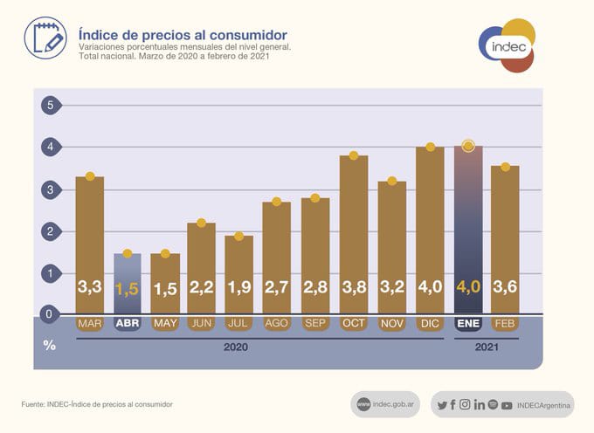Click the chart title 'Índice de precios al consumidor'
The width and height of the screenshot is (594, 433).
pyautogui.click(x=183, y=35)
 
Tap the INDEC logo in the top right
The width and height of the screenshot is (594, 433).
pyautogui.click(x=506, y=46)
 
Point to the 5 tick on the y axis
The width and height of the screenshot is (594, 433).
pyautogui.click(x=50, y=106)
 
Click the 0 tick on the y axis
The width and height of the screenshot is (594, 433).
pyautogui.click(x=50, y=314)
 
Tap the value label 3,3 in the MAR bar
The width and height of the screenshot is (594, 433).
pyautogui.click(x=89, y=286)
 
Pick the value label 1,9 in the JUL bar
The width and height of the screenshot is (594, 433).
pyautogui.click(x=238, y=286)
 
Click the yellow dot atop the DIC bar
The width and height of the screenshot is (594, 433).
pyautogui.click(x=430, y=147)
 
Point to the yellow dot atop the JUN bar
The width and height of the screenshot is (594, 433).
pyautogui.click(x=201, y=223)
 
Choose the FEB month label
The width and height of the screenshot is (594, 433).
pyautogui.click(x=505, y=323)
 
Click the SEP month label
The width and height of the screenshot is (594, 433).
pyautogui.click(x=315, y=323)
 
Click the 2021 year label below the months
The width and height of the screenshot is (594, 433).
pyautogui.click(x=487, y=347)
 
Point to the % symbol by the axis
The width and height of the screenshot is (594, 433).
pyautogui.click(x=50, y=345)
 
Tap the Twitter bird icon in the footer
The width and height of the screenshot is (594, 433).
pyautogui.click(x=442, y=404)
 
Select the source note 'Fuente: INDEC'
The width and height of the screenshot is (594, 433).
pyautogui.click(x=97, y=404)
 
